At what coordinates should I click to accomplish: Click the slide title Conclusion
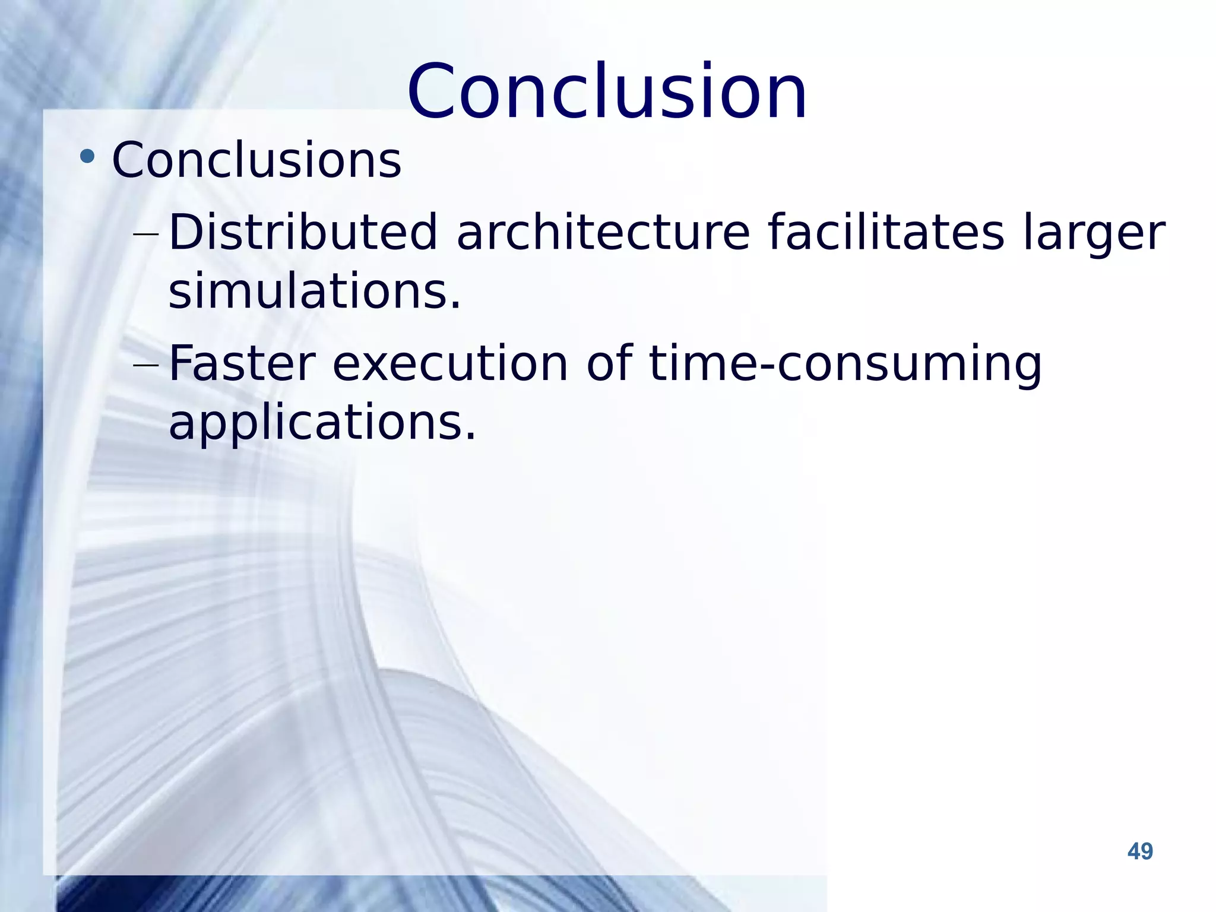(607, 92)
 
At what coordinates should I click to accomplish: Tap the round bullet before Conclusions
(87, 157)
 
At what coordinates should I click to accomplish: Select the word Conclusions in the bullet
(256, 160)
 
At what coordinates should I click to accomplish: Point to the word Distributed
(303, 232)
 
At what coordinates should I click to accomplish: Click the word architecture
(603, 232)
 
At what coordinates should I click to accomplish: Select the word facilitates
(886, 232)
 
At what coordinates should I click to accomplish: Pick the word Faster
(242, 363)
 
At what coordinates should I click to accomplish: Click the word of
(610, 363)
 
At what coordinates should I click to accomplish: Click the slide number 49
(1140, 851)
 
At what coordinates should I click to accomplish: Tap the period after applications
(470, 438)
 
